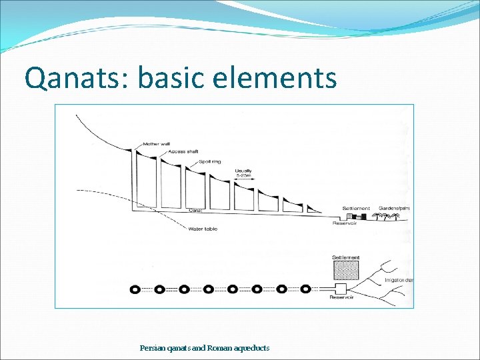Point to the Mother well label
pos(157,145)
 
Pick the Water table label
pos(203,229)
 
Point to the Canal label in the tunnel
pos(195,211)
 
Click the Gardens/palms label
pos(395,208)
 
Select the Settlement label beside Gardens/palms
pos(356,208)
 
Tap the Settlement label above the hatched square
pos(345,257)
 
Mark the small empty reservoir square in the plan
pos(341,289)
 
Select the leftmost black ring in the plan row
pos(135,289)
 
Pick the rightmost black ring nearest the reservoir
pos(305,289)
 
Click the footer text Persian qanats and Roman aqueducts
pos(205,348)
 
